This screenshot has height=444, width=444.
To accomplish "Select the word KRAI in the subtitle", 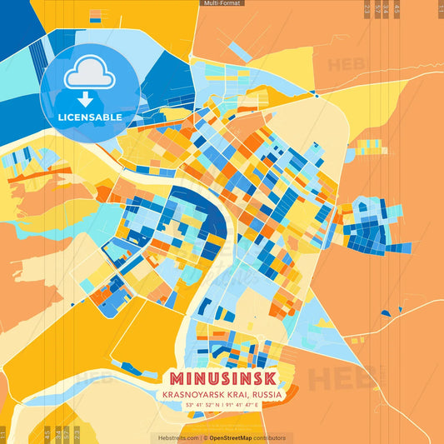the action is [x=240, y=393].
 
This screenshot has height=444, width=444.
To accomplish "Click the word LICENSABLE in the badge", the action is [x=90, y=116].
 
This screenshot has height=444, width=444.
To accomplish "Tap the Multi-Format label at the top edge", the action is [x=222, y=3].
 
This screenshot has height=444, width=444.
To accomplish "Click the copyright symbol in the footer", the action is [x=202, y=437].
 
